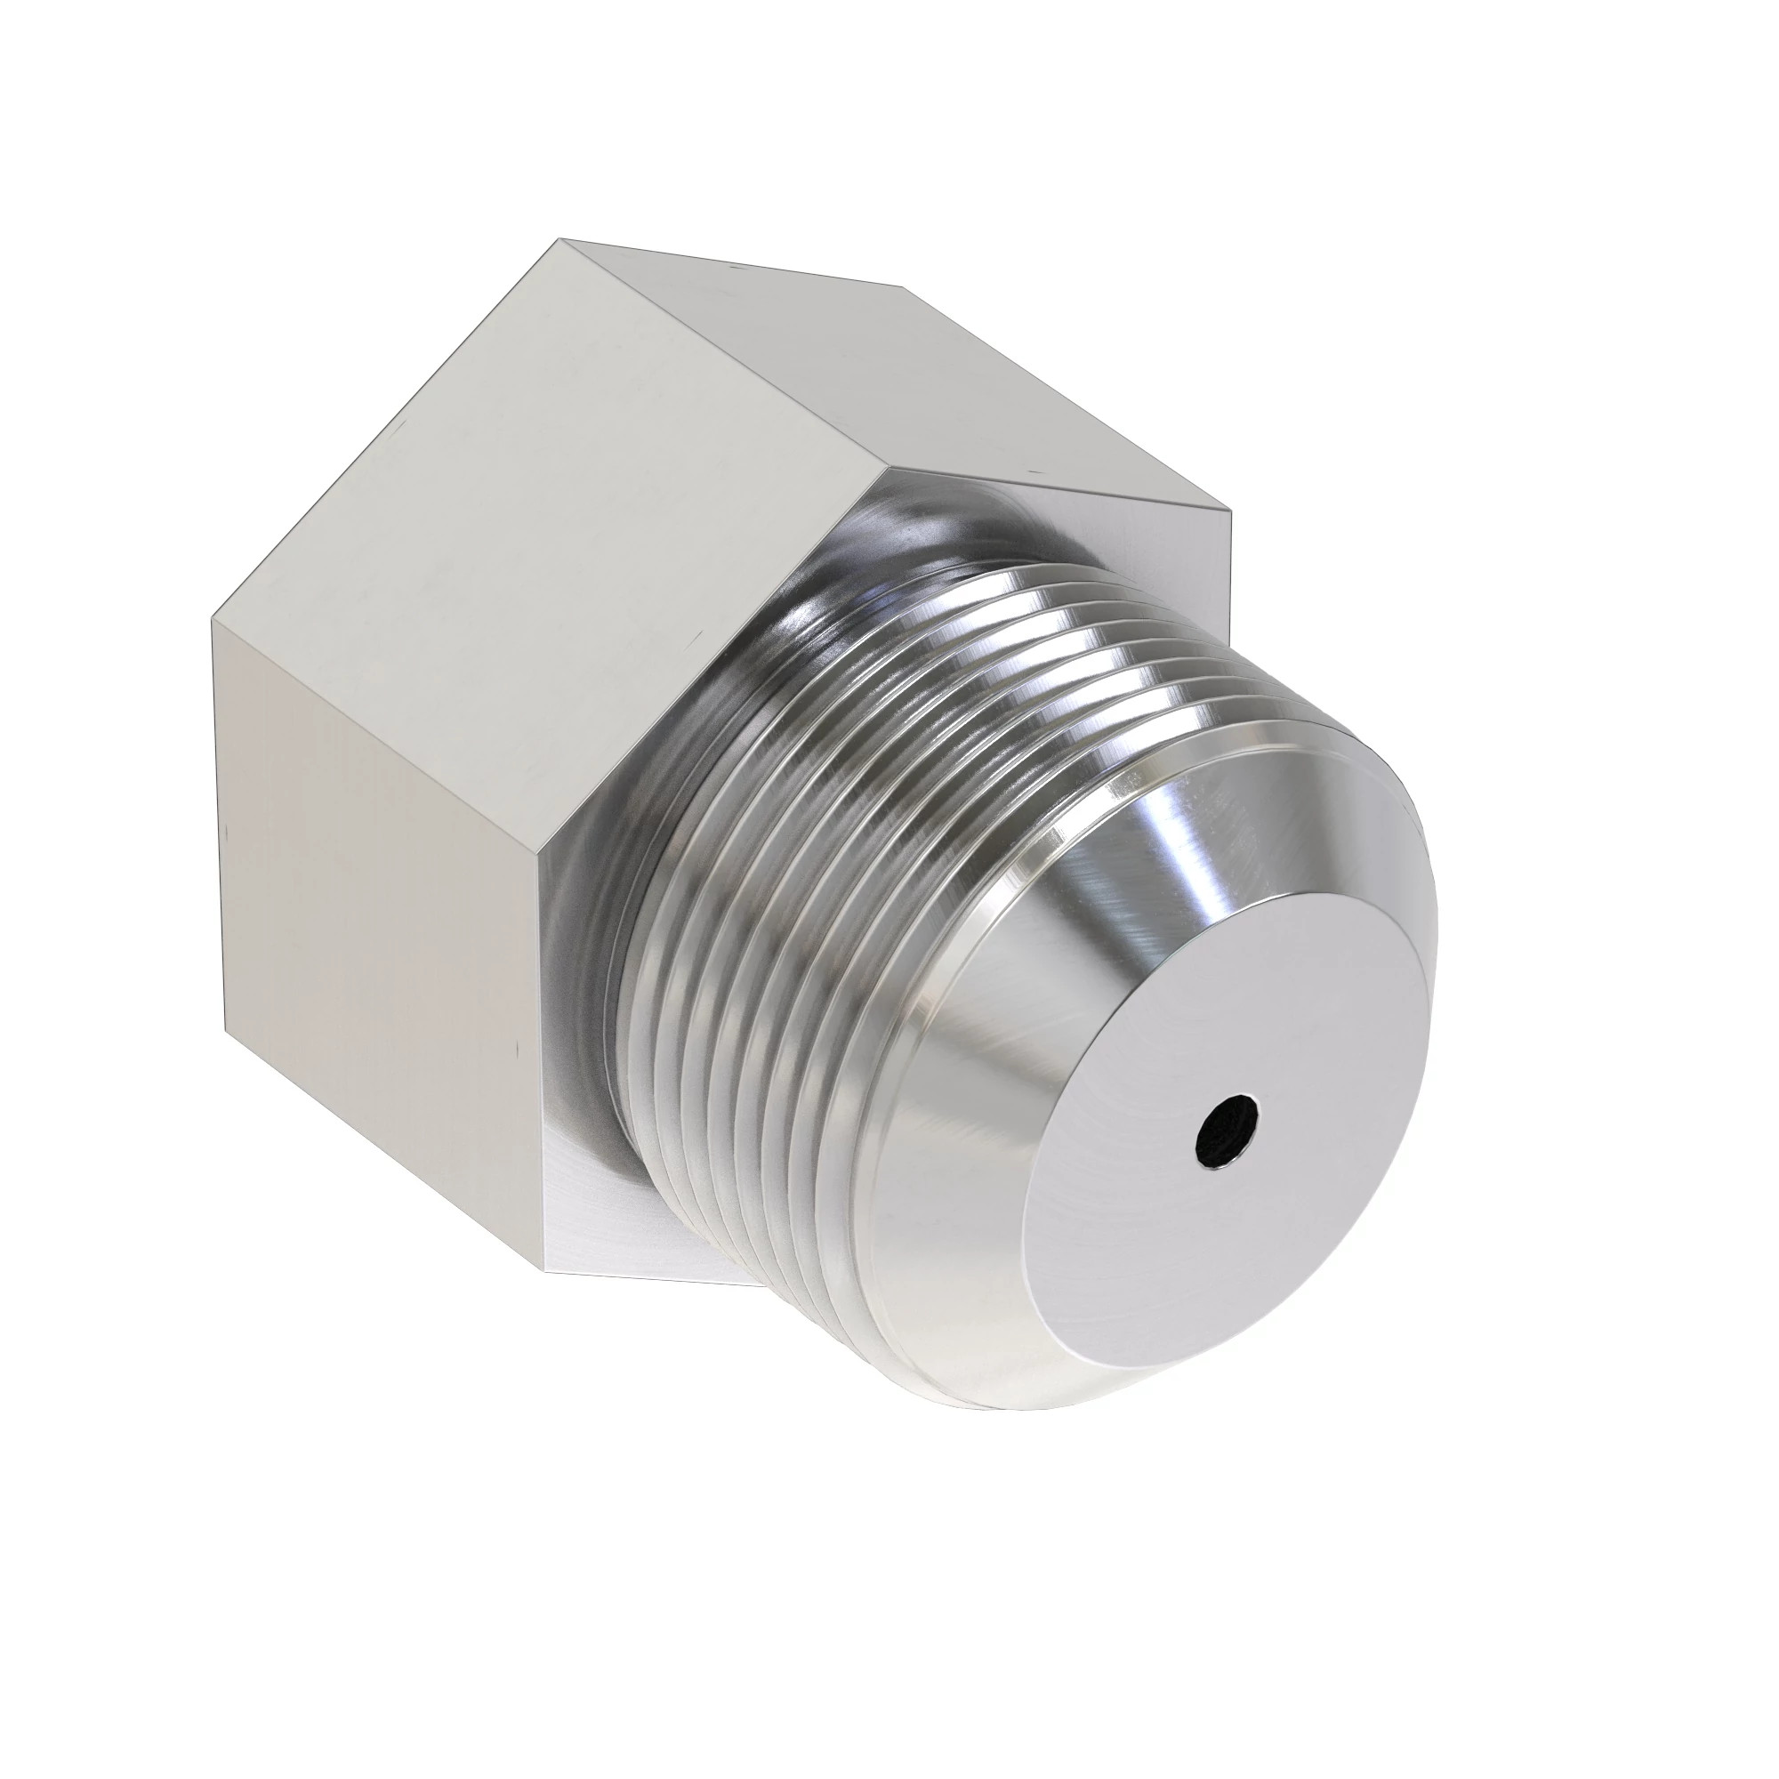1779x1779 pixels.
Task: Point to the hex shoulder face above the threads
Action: (1105, 516)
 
